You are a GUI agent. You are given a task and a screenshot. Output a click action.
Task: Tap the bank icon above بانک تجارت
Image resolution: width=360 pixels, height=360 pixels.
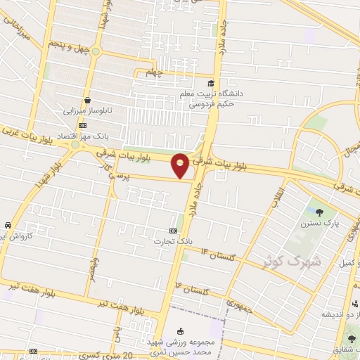174,230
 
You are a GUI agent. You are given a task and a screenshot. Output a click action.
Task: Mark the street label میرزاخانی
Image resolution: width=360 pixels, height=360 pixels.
18,30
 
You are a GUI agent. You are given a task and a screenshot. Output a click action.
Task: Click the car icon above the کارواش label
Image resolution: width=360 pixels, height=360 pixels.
6,224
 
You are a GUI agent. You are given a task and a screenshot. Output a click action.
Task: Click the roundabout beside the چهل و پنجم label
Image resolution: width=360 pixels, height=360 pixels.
96,51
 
